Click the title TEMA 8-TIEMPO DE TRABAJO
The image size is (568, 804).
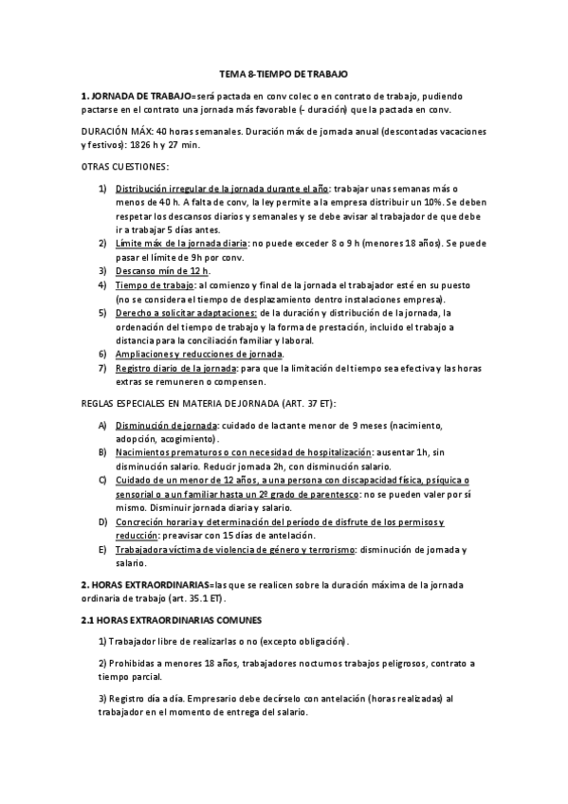click(284, 73)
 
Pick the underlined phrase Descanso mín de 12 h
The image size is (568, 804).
click(156, 270)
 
